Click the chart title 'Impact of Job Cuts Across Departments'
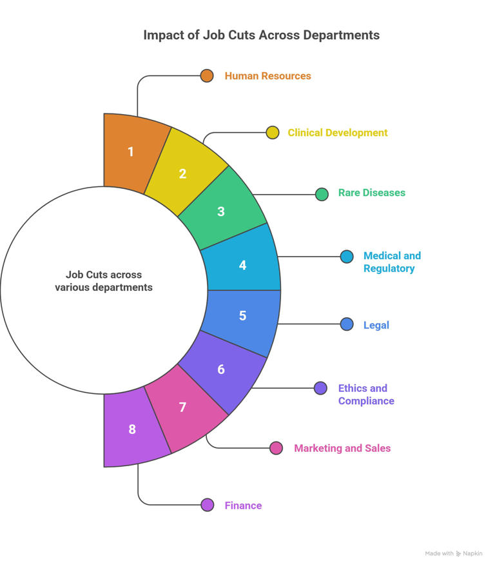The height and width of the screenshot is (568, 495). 262,35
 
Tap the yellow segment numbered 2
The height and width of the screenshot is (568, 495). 185,172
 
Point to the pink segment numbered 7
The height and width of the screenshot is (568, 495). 185,408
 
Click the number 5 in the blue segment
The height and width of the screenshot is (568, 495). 242,315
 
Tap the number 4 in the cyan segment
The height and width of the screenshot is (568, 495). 242,265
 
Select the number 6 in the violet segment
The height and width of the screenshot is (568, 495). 221,369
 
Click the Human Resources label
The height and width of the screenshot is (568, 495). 267,75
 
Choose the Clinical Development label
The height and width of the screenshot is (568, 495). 338,133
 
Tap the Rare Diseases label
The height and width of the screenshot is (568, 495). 371,193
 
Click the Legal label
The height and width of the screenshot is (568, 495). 376,325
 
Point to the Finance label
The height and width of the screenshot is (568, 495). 243,505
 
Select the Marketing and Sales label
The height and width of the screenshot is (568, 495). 342,448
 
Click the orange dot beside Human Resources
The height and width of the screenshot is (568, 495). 207,75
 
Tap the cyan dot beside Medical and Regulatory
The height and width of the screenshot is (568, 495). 347,257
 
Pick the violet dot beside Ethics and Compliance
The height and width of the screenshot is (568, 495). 320,388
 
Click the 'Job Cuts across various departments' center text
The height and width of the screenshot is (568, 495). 104,280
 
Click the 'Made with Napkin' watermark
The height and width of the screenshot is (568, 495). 453,554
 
